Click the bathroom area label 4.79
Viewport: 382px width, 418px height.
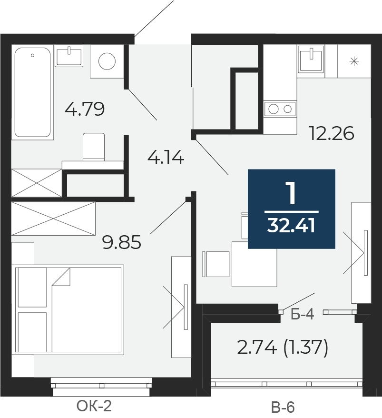85,109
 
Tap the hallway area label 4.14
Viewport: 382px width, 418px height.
166,157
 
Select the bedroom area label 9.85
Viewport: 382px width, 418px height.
122,242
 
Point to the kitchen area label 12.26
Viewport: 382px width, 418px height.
332,133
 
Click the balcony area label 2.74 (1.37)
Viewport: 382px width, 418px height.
283,348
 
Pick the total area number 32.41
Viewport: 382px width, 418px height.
291,226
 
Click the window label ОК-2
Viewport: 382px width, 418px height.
94,406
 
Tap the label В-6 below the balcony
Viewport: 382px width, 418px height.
283,407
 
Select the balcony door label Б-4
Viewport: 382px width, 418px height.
303,314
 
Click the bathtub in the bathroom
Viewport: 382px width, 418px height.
32,92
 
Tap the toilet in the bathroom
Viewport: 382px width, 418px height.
94,147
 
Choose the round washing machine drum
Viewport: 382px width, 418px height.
107,61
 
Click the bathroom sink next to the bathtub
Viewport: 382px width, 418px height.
69,56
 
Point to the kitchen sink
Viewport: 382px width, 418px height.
311,59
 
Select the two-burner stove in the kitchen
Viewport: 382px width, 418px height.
280,109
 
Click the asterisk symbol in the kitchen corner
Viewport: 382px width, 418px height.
354,61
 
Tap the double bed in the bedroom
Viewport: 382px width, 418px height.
69,309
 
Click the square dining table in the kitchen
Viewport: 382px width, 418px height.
254,264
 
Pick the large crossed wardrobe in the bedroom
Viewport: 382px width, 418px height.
53,219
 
